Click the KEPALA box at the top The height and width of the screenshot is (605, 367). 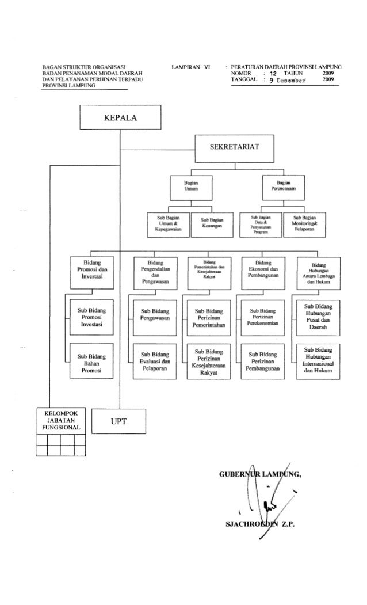click(120, 119)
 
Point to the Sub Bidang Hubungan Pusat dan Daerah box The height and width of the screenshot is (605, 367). click(319, 315)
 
